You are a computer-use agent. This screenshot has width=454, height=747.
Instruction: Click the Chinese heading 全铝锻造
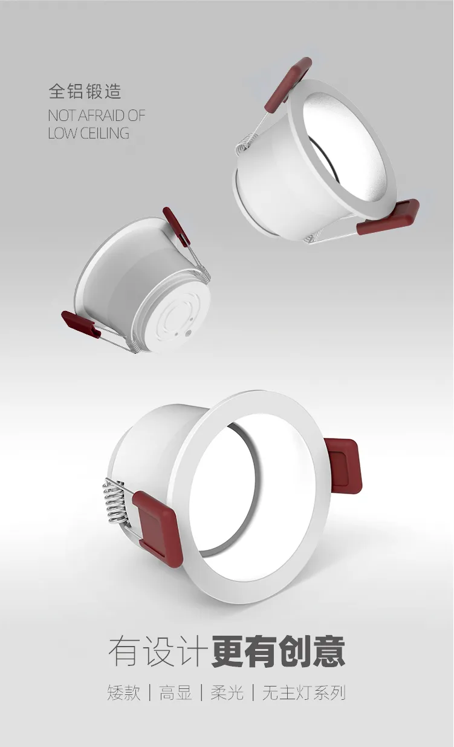click(x=85, y=91)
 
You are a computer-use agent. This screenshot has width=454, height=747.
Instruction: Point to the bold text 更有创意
click(x=278, y=652)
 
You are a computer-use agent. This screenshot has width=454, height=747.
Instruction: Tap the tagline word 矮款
click(x=124, y=693)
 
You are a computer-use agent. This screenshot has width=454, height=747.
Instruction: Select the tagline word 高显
click(x=175, y=693)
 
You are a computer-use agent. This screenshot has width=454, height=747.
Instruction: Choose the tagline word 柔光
click(x=227, y=693)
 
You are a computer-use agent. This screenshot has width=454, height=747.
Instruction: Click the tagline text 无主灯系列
click(x=303, y=693)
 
